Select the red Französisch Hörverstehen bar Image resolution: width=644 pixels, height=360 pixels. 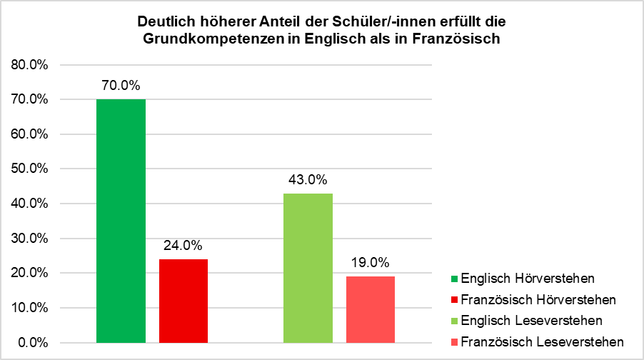tap(183, 300)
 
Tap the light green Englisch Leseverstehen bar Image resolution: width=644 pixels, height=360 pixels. tap(308, 267)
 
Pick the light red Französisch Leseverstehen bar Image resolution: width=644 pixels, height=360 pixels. tap(371, 309)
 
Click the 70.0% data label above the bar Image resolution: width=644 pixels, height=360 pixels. tap(121, 86)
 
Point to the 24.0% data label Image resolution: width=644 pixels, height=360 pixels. tap(183, 245)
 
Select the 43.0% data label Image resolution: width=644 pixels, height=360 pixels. tap(308, 179)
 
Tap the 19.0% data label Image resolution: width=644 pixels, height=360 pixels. tap(371, 262)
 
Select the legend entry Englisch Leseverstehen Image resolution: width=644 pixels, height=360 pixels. tap(532, 319)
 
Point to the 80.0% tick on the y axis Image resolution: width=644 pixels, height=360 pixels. tap(29, 65)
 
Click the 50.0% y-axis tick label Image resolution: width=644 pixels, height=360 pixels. tap(29, 169)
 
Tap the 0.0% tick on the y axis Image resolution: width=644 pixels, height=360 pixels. tap(32, 342)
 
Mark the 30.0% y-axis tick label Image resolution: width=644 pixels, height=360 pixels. tap(29, 239)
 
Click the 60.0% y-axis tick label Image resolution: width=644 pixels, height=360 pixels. tap(29, 134)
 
